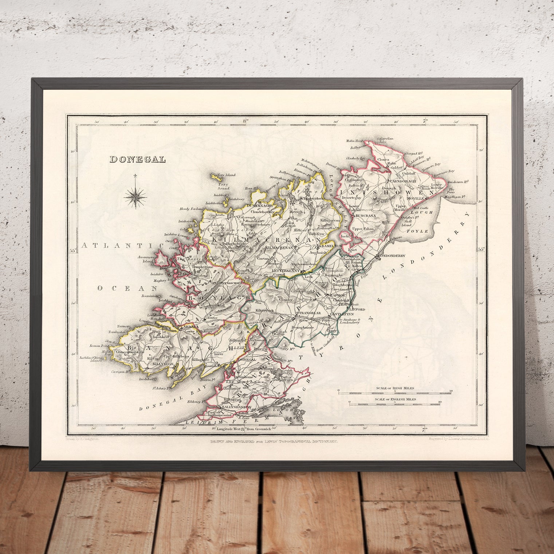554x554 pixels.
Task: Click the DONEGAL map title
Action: click(x=138, y=159)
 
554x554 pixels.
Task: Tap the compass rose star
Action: click(x=135, y=196)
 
